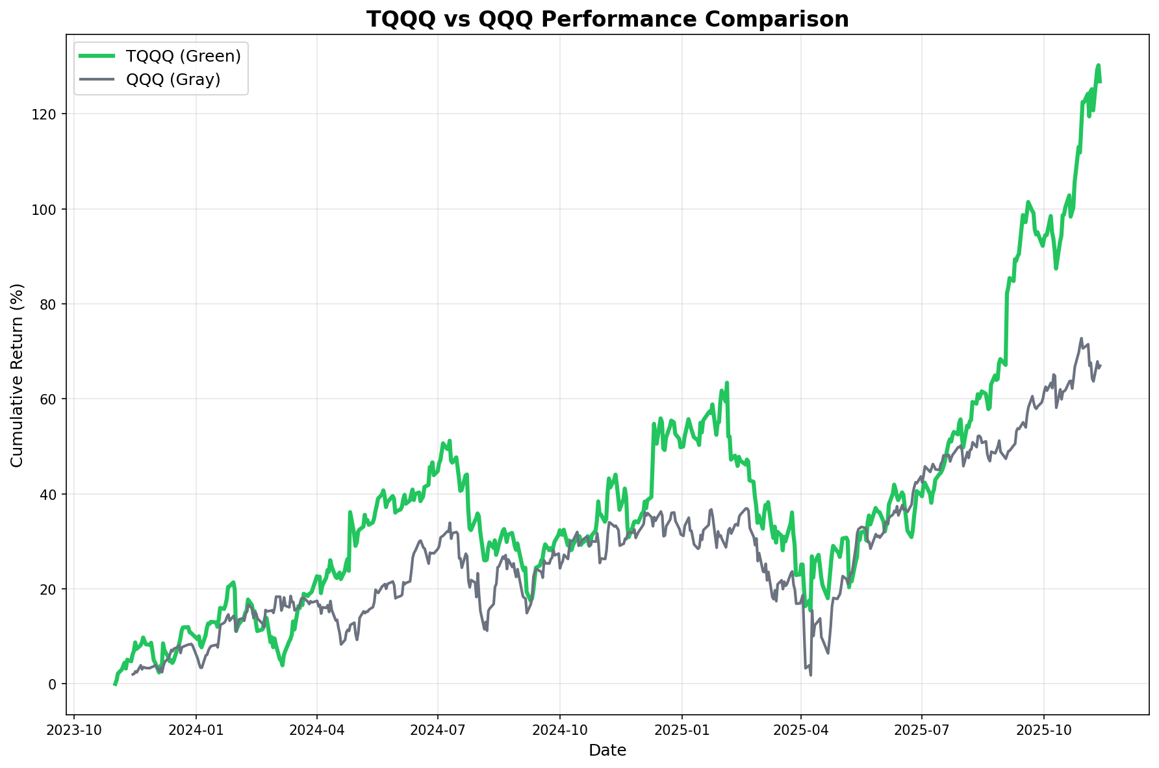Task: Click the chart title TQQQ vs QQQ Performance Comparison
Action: pyautogui.click(x=607, y=19)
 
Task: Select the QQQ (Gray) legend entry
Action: pyautogui.click(x=173, y=79)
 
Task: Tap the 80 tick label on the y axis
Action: pyautogui.click(x=51, y=304)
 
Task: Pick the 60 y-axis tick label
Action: pyautogui.click(x=51, y=399)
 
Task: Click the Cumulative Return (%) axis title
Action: pyautogui.click(x=18, y=375)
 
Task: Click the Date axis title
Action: pyautogui.click(x=607, y=750)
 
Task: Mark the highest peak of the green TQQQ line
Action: pyautogui.click(x=1098, y=65)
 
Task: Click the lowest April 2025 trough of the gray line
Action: pyautogui.click(x=810, y=675)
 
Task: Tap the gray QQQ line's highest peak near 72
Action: pyautogui.click(x=1081, y=338)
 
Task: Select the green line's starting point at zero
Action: pyautogui.click(x=115, y=684)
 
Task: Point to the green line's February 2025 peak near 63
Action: pyautogui.click(x=727, y=383)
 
